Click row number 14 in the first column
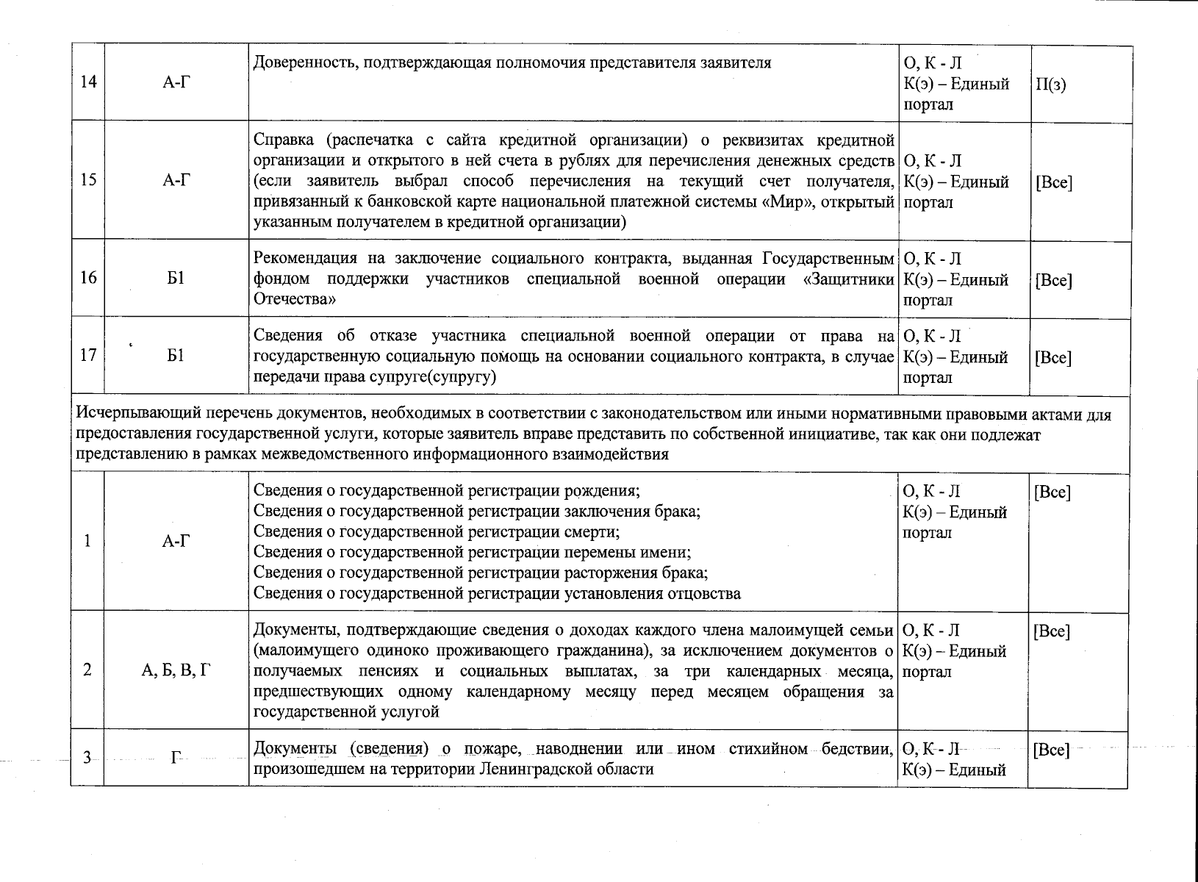[88, 83]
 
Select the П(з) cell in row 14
[1050, 84]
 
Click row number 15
[88, 180]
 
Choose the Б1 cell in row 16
[176, 279]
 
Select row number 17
[88, 356]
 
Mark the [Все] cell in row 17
[1052, 358]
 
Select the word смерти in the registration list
[592, 531]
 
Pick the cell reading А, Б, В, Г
[176, 670]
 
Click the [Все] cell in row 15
[1053, 182]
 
